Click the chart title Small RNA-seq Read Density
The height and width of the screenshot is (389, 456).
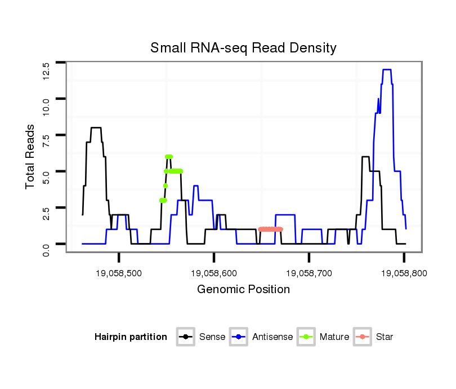243,48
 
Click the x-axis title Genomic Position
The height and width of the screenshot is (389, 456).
243,290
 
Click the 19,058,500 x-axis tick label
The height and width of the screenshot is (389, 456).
119,273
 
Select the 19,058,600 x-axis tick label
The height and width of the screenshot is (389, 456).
214,273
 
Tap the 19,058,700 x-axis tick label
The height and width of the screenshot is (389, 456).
309,273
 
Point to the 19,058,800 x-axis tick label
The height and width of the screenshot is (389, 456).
404,273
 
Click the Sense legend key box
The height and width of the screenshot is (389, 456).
185,337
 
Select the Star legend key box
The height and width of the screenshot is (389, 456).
362,337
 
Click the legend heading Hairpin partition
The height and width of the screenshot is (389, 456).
131,337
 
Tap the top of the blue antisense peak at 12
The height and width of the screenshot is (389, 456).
387,69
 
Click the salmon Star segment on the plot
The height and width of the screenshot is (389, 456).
270,229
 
